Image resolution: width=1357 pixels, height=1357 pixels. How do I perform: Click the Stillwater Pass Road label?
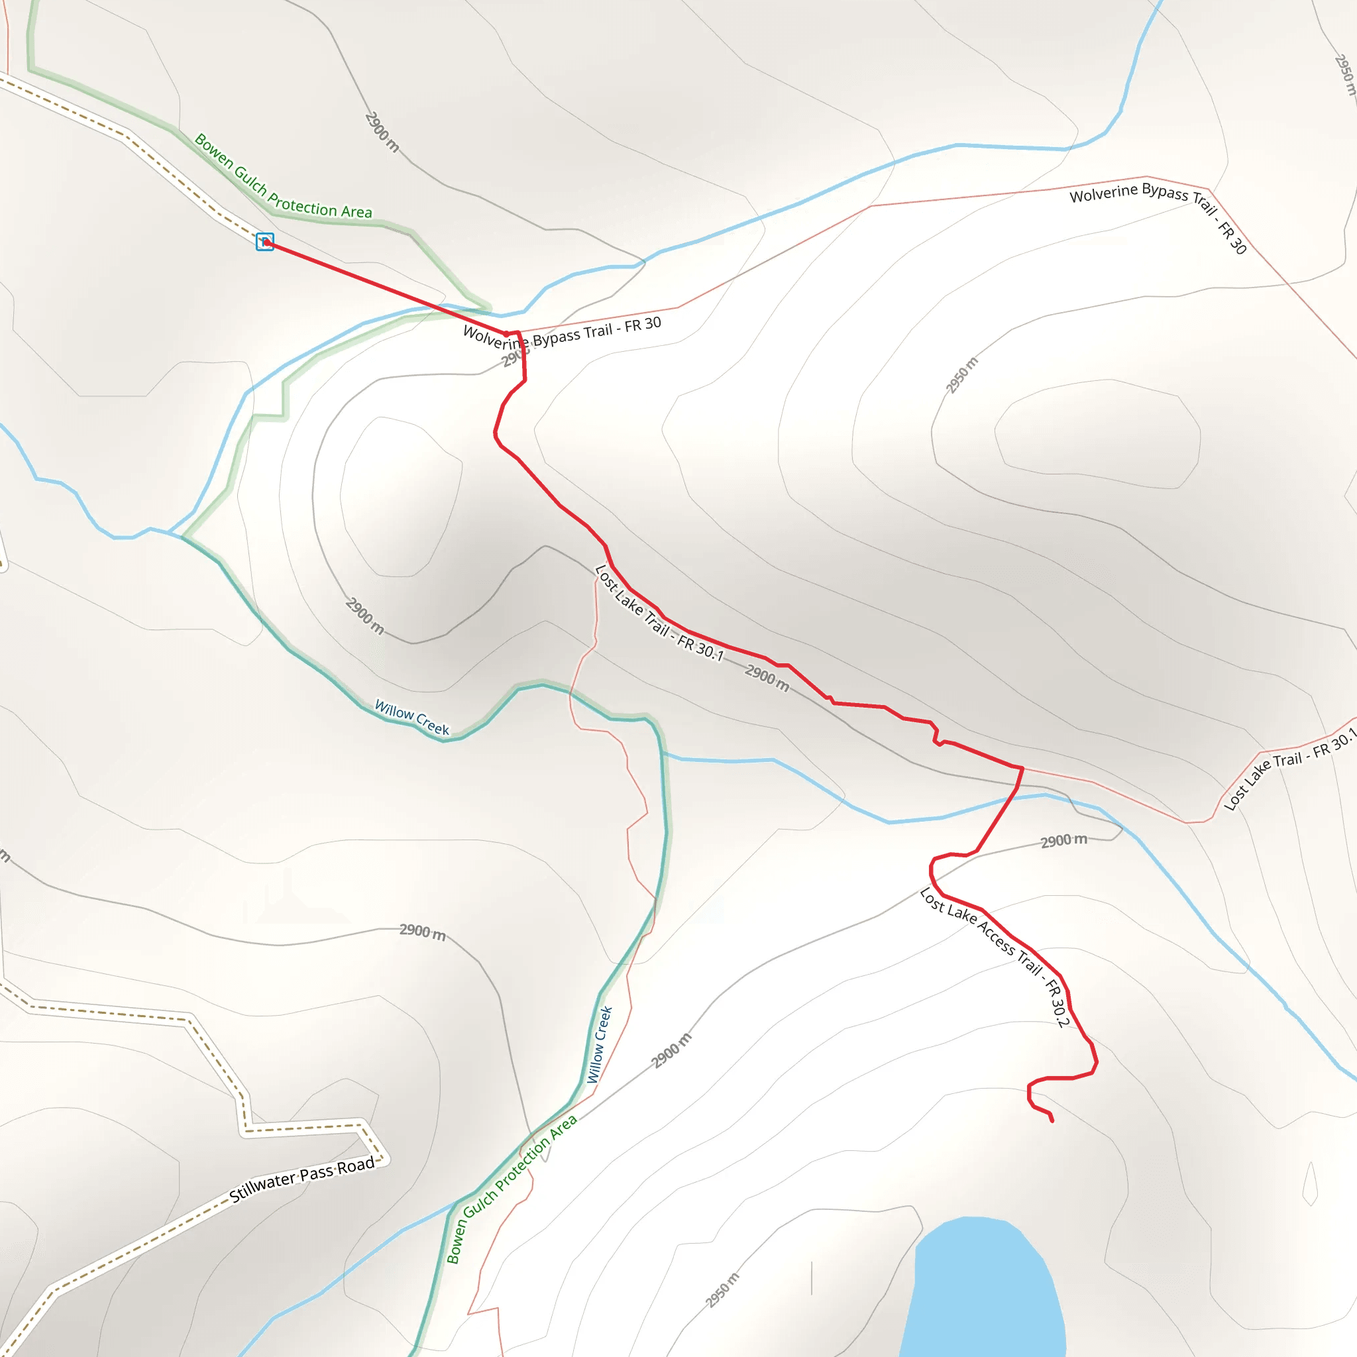point(303,1180)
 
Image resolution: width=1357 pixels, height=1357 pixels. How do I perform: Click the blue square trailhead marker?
point(265,242)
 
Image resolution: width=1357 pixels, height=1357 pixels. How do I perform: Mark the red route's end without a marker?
point(1052,1121)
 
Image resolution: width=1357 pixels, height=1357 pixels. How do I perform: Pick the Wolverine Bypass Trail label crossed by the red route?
point(562,335)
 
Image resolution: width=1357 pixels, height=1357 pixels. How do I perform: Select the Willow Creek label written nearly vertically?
point(599,1044)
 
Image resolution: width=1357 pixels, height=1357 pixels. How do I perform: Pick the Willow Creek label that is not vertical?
point(411,716)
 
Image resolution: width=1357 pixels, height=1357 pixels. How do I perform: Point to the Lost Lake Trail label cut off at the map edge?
point(1289,770)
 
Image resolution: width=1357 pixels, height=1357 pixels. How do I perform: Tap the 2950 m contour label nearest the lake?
point(722,1290)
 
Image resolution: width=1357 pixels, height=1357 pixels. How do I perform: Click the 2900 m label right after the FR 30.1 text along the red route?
point(767,677)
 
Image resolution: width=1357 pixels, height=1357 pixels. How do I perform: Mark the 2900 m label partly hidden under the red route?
point(514,358)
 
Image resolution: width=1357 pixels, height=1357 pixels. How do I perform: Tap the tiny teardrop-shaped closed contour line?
point(1310,1184)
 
